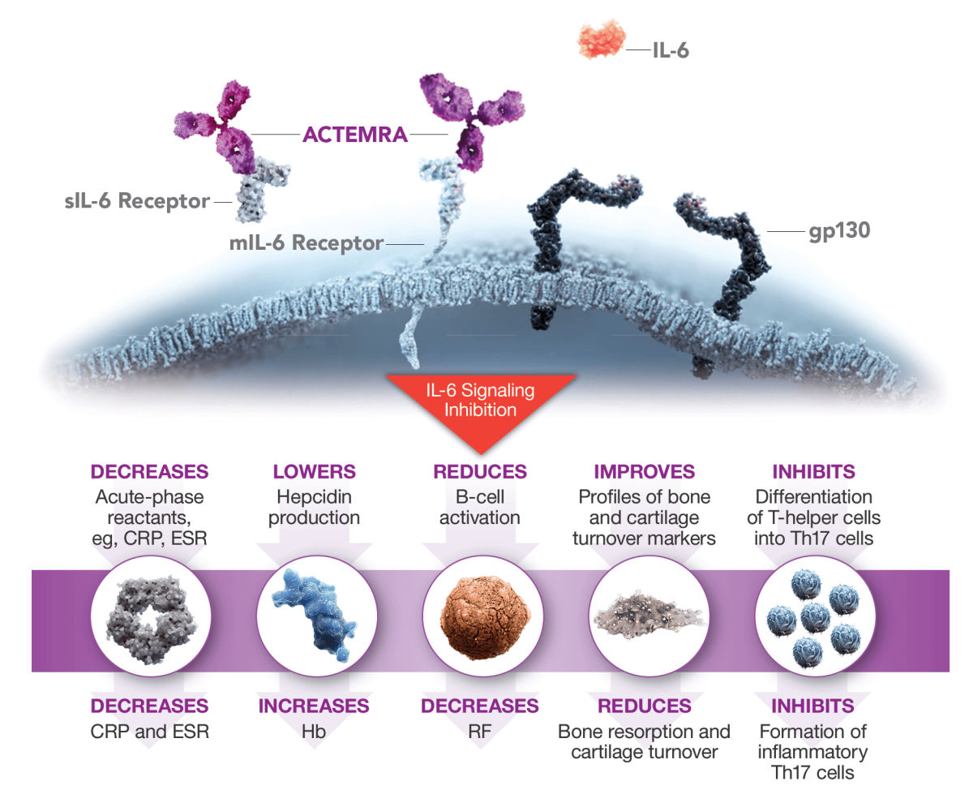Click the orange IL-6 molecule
pyautogui.click(x=601, y=40)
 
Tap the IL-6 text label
pyautogui.click(x=671, y=52)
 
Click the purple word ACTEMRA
pyautogui.click(x=355, y=135)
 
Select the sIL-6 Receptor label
pyautogui.click(x=137, y=200)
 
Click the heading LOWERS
pyautogui.click(x=315, y=472)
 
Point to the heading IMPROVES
pyautogui.click(x=645, y=472)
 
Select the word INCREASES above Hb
pyautogui.click(x=314, y=706)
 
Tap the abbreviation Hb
pyautogui.click(x=315, y=731)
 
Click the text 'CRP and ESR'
pyautogui.click(x=150, y=731)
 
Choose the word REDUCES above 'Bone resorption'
pyautogui.click(x=645, y=706)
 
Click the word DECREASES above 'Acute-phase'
pyautogui.click(x=150, y=472)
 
